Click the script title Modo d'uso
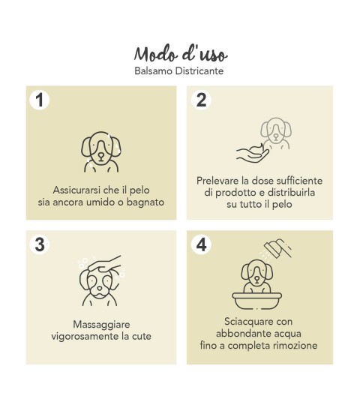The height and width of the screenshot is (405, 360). point(181,54)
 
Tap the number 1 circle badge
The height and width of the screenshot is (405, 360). point(40,100)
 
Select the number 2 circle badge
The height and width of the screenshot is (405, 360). point(201,100)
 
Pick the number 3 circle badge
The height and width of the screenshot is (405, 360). point(40,244)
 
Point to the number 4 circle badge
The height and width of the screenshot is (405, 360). point(201,244)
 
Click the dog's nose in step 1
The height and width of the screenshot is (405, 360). point(101,157)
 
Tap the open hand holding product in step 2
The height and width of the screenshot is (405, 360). point(253,154)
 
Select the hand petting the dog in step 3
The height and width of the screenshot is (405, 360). point(105,264)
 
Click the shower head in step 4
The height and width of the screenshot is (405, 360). point(278,247)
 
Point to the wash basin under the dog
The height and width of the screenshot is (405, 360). point(256,301)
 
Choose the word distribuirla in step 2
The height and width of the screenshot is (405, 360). point(291,193)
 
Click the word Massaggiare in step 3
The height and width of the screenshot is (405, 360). point(101,325)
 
